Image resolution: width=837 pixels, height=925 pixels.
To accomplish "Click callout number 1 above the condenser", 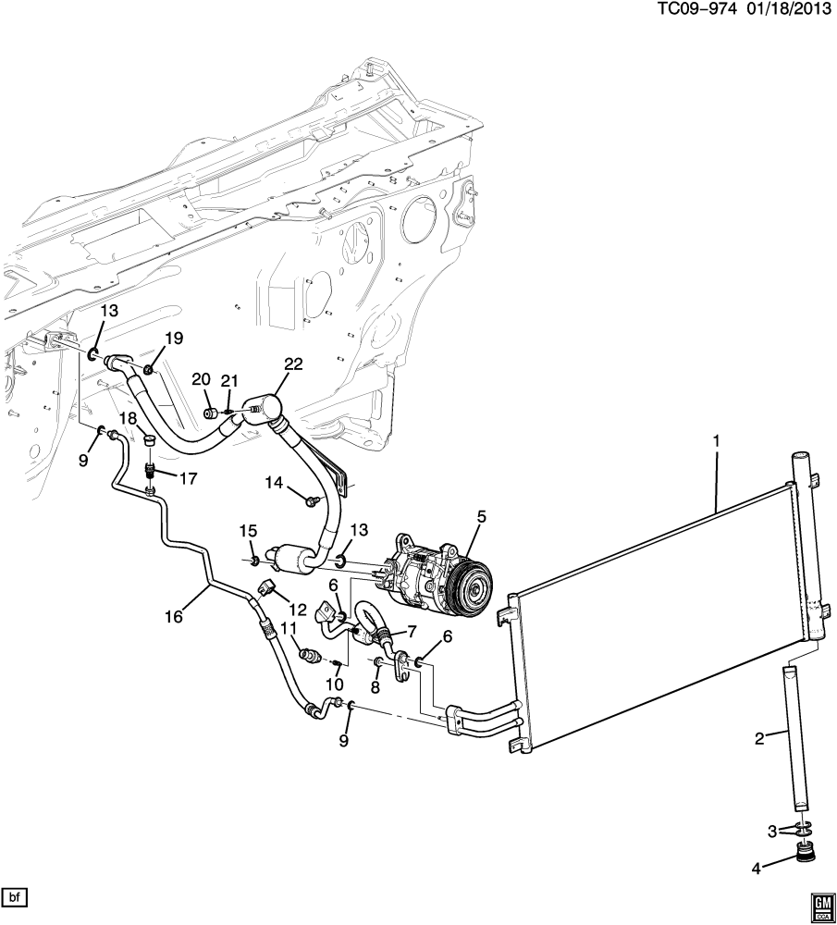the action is (x=717, y=440).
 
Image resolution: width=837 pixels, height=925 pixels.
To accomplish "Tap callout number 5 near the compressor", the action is (x=481, y=518).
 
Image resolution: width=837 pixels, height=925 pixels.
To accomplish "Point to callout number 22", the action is (x=293, y=364).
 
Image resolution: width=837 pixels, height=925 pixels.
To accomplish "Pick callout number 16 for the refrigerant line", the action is (x=174, y=616).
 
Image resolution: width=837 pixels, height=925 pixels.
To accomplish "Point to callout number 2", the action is (x=759, y=737).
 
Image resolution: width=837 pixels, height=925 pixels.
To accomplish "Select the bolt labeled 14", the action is (x=310, y=501).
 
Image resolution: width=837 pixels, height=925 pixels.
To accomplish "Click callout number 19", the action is (x=174, y=338).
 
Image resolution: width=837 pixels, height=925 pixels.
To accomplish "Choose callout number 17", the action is (x=187, y=478).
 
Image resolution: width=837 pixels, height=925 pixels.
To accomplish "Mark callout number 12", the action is (x=298, y=609).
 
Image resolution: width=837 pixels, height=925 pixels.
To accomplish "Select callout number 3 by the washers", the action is (x=772, y=832).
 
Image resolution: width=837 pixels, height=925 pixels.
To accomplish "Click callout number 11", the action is (x=288, y=629).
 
